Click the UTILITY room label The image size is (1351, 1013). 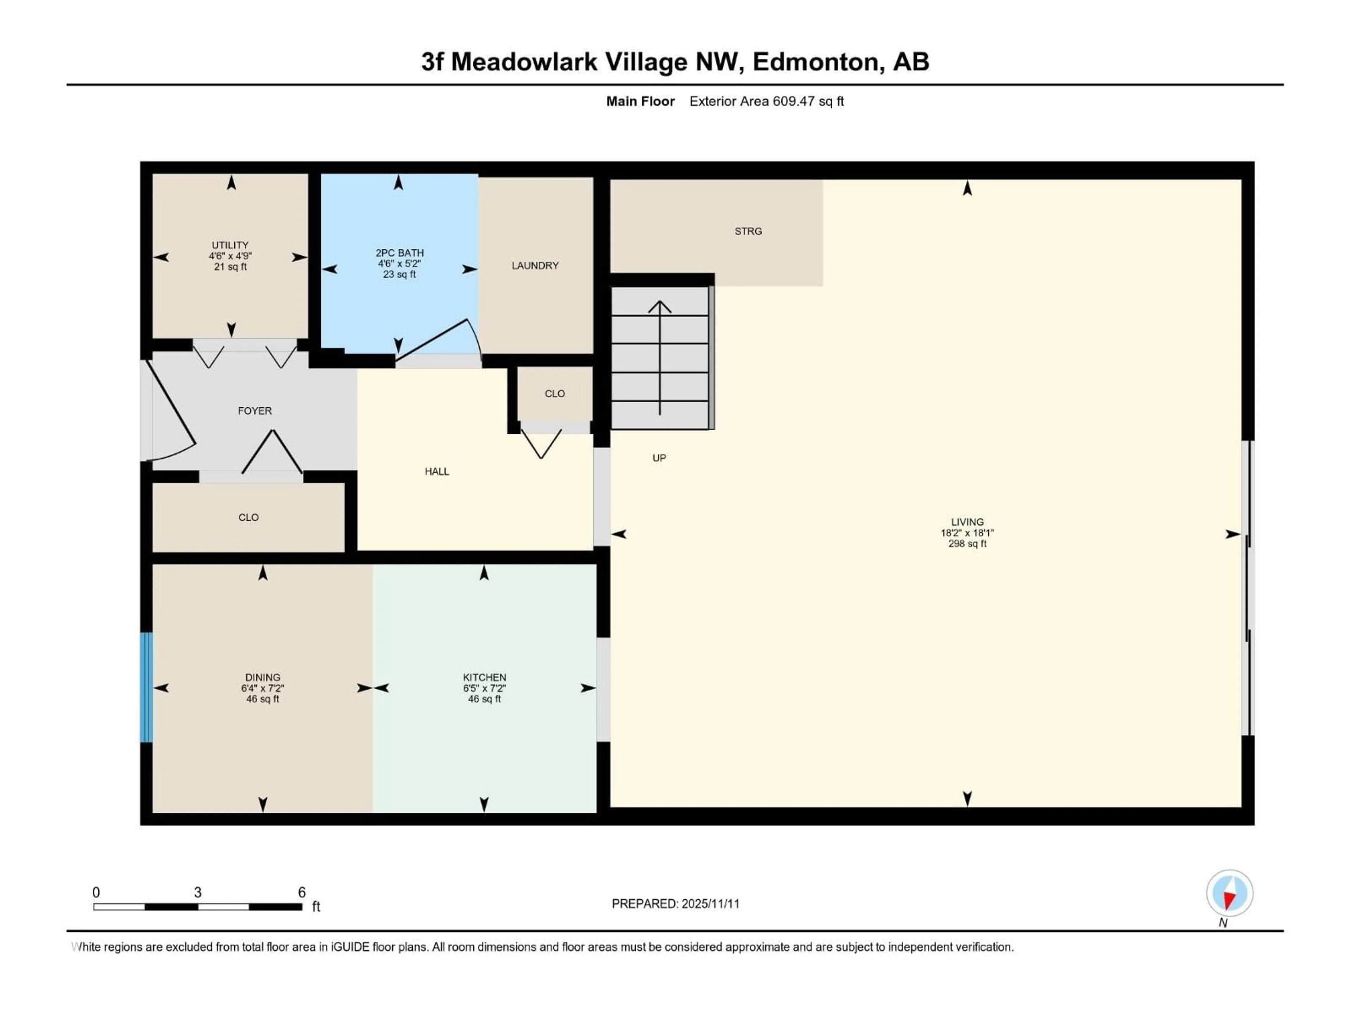pos(230,245)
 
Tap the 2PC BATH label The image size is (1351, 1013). pos(399,253)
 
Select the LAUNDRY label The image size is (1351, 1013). pos(535,266)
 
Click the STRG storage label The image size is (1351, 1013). pos(748,231)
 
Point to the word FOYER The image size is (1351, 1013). pos(255,411)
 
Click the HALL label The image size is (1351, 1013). pos(437,471)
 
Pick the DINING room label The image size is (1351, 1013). pos(262,677)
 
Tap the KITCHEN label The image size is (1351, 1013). pos(484,677)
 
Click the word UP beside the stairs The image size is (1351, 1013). pos(659,458)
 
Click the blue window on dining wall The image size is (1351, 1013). pos(147,688)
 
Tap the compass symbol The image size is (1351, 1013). pos(1230,893)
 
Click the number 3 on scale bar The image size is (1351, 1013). pos(198,892)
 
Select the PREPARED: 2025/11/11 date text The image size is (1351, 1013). pos(675,904)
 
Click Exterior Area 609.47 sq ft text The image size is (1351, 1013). pos(767,101)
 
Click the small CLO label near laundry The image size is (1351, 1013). pos(554,394)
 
